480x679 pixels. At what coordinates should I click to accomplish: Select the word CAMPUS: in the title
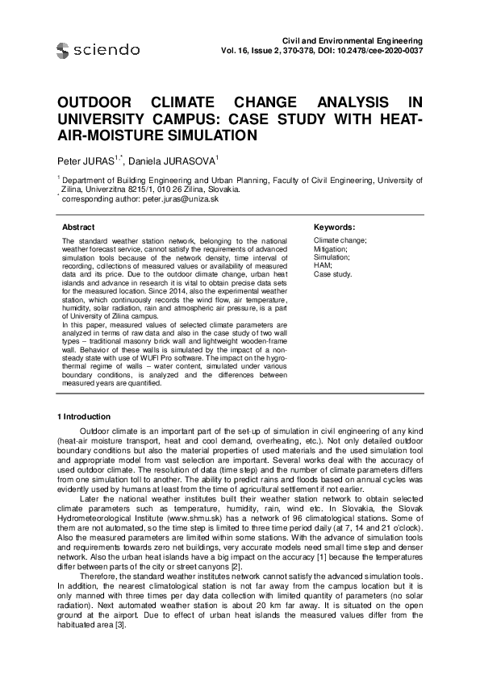183,121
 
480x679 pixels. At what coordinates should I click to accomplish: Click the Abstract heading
78,227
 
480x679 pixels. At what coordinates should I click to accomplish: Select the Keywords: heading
333,227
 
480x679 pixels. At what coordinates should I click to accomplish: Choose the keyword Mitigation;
330,249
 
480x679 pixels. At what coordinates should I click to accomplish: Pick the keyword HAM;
321,266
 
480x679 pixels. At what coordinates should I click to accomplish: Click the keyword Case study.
332,274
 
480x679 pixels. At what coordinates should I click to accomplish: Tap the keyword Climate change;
340,241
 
